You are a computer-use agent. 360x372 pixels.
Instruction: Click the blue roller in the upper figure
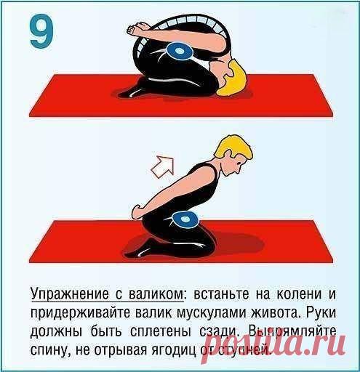point(177,52)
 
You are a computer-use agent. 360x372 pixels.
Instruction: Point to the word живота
point(279,315)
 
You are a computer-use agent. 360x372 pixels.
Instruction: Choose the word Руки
point(320,315)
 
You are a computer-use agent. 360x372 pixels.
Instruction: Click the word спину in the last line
point(49,352)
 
